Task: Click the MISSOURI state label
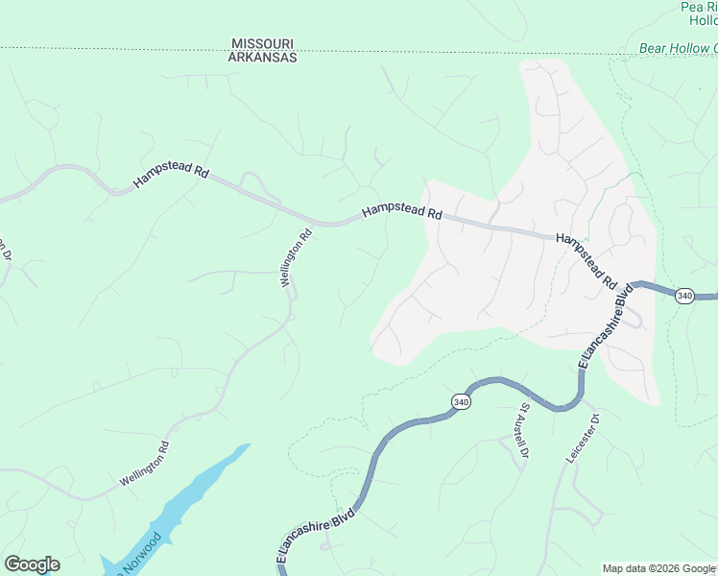262,44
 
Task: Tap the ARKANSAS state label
262,58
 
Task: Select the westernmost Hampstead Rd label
171,175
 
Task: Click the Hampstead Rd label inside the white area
585,262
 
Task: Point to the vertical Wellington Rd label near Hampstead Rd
297,257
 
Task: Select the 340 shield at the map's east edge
683,296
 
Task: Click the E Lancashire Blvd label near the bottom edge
316,536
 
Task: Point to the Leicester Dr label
583,440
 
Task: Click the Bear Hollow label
678,48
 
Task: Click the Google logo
32,564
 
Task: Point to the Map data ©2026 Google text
658,568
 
